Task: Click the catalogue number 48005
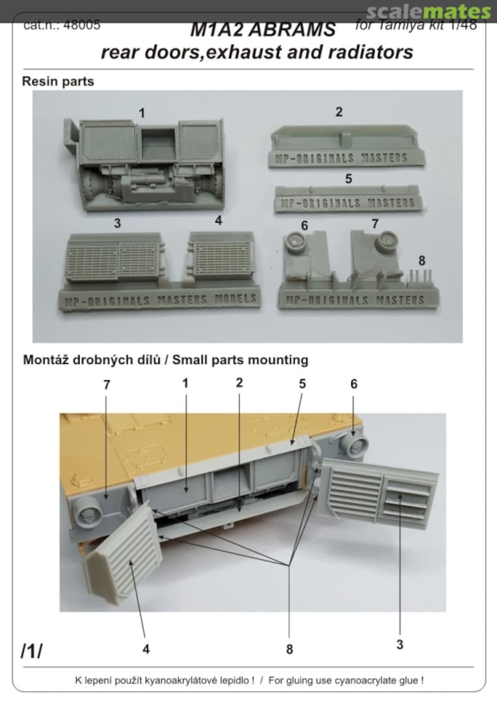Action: click(x=85, y=26)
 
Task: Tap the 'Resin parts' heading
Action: click(x=58, y=82)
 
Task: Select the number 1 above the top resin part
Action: click(x=142, y=113)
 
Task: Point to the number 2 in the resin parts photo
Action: click(x=339, y=112)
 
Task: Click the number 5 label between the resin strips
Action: click(x=348, y=178)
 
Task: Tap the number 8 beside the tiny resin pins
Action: click(x=422, y=260)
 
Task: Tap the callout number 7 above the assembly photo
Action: click(x=107, y=385)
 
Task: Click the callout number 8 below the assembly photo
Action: click(x=289, y=649)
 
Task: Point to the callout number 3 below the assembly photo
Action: click(x=399, y=644)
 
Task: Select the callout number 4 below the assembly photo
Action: click(x=146, y=649)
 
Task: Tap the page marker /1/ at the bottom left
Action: click(x=31, y=651)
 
